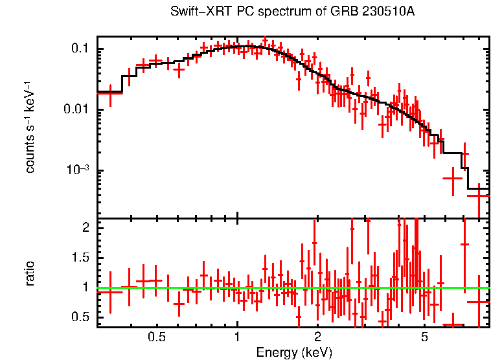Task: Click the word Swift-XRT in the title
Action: (x=194, y=12)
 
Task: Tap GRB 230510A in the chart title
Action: (x=378, y=12)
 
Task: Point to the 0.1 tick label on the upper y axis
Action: (x=80, y=49)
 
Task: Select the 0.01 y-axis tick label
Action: (x=76, y=109)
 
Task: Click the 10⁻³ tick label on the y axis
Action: (x=77, y=170)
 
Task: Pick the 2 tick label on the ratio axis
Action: (x=85, y=228)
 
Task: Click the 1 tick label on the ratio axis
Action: (x=85, y=287)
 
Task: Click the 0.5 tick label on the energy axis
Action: (x=156, y=337)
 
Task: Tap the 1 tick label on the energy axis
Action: (x=237, y=337)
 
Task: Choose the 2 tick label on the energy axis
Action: (x=317, y=337)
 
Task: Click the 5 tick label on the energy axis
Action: (x=424, y=337)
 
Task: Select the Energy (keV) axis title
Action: (x=294, y=352)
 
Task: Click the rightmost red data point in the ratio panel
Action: (x=479, y=302)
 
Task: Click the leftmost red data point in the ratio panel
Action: (x=110, y=292)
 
